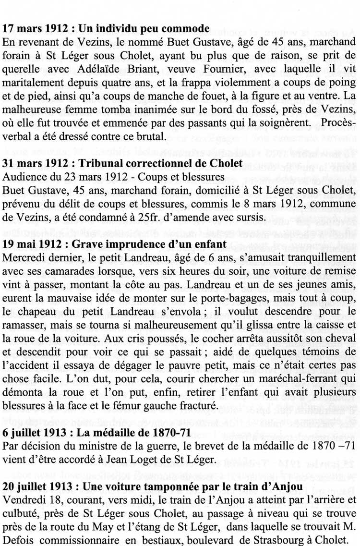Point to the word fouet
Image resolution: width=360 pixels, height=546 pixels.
pos(203,96)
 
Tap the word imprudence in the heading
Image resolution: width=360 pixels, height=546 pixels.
pos(116,244)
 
